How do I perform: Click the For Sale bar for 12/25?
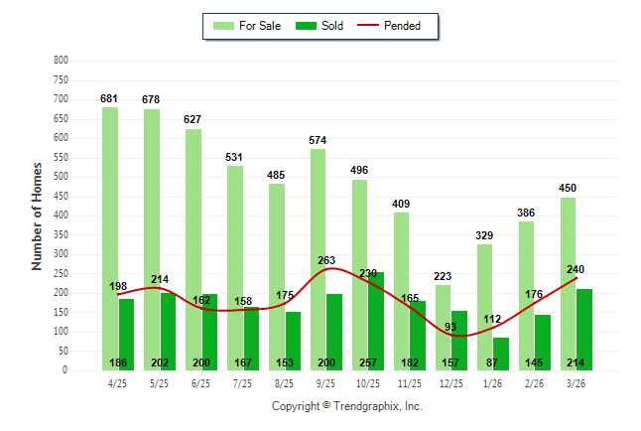click(443, 298)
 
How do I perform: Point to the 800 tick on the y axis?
click(61, 61)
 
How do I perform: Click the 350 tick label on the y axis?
click(61, 235)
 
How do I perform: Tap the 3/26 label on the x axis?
click(576, 382)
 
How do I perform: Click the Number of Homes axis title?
click(37, 215)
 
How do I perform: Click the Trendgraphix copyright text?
click(346, 406)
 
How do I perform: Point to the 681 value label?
click(109, 98)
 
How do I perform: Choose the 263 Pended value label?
click(326, 261)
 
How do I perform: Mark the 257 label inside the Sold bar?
click(367, 363)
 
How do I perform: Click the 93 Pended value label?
click(450, 328)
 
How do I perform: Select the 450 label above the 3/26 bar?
click(568, 188)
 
